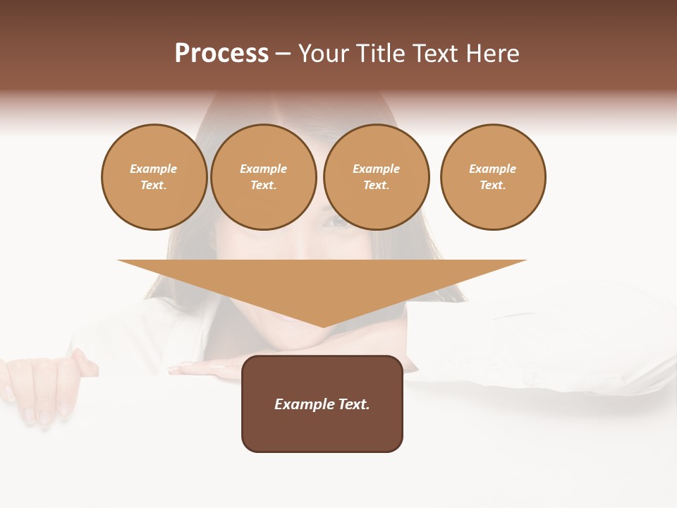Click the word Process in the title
click(221, 54)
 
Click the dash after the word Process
click(283, 54)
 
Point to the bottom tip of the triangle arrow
click(323, 325)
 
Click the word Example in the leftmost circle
click(154, 169)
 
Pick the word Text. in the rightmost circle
click(493, 185)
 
